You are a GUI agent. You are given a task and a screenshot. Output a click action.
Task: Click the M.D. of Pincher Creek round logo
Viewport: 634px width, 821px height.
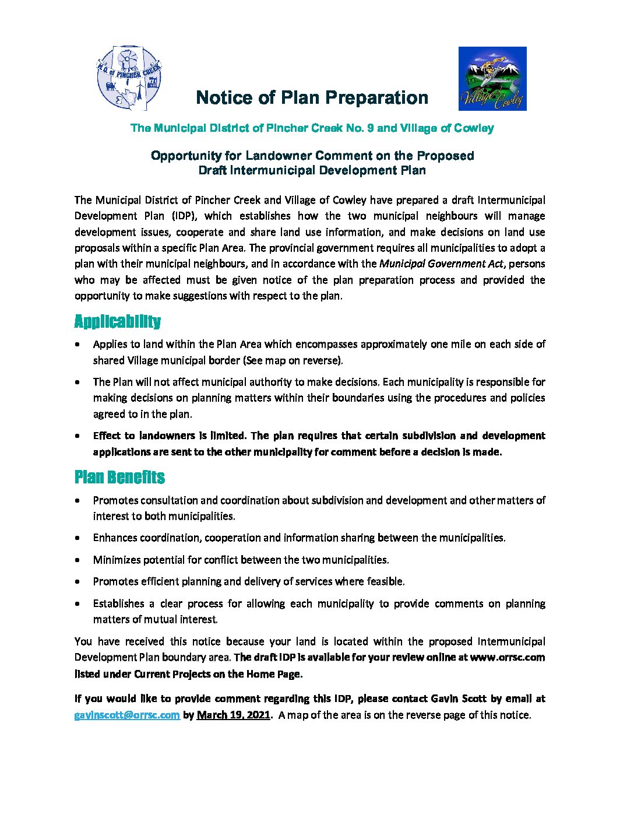coord(129,78)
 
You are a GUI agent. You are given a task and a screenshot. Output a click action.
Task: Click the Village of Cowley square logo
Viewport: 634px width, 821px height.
coord(492,79)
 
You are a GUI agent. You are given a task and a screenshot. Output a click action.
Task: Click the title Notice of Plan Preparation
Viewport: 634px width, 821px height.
coord(312,97)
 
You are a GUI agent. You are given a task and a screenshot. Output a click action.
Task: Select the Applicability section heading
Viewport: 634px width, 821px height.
coord(117,322)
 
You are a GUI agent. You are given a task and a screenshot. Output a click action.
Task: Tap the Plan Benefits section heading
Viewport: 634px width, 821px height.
coord(119,478)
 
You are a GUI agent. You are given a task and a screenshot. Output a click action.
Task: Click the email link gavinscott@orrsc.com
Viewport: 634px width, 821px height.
coord(127,715)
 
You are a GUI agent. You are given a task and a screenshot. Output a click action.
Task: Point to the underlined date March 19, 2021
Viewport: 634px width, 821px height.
coord(233,715)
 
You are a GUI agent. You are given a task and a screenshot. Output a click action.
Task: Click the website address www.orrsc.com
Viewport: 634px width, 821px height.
coord(507,657)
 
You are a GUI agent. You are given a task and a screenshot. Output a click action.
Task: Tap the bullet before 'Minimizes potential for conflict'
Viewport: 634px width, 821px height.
coord(78,560)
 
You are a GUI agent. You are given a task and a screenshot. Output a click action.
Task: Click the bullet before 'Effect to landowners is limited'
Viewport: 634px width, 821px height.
coord(78,436)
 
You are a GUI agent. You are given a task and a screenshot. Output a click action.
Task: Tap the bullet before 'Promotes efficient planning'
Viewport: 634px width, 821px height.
coord(78,582)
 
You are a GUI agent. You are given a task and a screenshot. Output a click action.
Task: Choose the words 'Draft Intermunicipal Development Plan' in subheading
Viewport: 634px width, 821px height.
coord(312,171)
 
